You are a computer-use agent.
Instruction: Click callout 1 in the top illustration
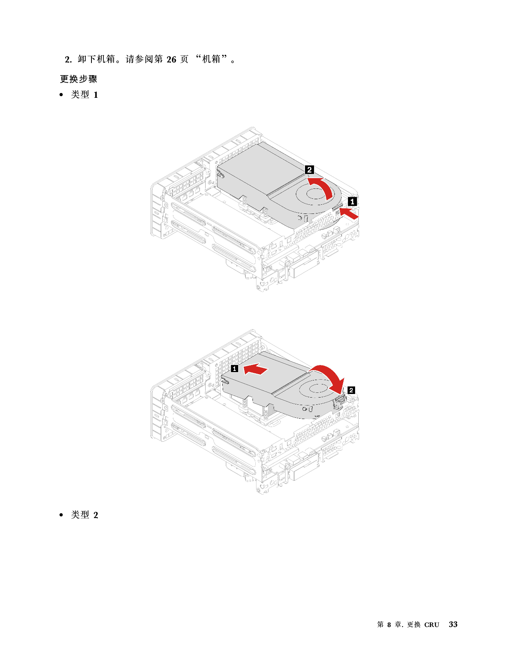[352, 202]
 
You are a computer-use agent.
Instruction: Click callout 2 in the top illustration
[309, 170]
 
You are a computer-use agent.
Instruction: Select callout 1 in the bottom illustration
[235, 369]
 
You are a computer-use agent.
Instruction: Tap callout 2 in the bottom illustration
[351, 390]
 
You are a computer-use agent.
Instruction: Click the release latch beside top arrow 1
[338, 211]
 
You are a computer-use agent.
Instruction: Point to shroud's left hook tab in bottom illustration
[225, 381]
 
